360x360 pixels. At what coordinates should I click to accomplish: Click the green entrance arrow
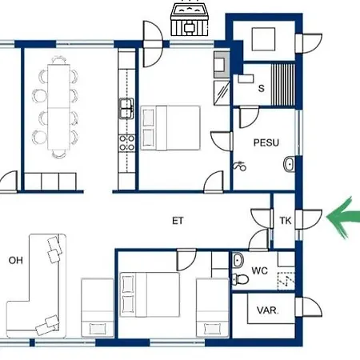click(342, 217)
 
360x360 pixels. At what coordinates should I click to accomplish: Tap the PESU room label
click(266, 142)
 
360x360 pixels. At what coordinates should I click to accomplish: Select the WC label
click(259, 270)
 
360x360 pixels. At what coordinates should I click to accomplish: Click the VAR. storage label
click(267, 310)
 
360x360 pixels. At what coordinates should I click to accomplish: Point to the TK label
click(285, 221)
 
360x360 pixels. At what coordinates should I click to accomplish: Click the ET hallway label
click(178, 221)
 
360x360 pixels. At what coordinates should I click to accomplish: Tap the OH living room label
click(15, 260)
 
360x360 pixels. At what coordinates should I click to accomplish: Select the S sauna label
click(262, 88)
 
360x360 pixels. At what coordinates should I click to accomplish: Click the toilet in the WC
click(240, 279)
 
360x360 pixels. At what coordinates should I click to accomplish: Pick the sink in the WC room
click(238, 260)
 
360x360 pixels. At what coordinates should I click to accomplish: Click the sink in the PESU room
click(290, 164)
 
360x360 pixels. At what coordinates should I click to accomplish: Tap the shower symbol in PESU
click(239, 166)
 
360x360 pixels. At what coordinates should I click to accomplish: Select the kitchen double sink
click(126, 108)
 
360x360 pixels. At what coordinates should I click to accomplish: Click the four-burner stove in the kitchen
click(126, 143)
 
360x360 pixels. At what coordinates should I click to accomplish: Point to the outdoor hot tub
click(190, 18)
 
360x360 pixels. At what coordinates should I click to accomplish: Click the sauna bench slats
click(283, 85)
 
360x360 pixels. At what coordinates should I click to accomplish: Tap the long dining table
click(59, 107)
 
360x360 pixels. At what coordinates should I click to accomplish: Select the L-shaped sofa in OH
click(36, 286)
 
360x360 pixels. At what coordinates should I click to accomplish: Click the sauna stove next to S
click(246, 78)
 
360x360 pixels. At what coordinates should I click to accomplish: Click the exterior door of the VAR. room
click(309, 307)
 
